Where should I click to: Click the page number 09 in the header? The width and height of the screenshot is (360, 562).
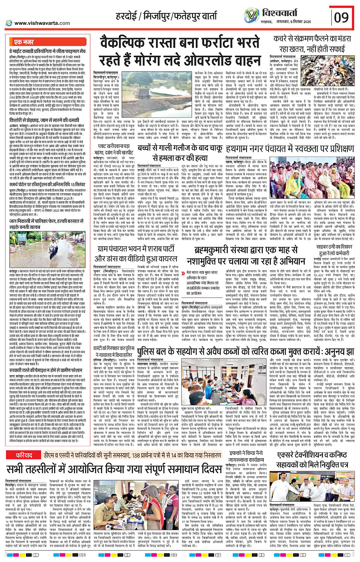(x=341, y=18)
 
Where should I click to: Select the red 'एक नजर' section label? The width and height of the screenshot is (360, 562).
(x=24, y=42)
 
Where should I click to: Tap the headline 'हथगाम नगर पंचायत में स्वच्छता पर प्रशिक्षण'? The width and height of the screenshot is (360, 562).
(x=289, y=148)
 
